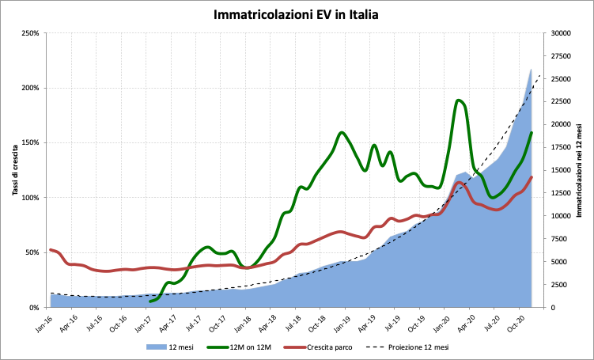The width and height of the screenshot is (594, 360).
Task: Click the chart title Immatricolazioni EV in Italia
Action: [x=297, y=14]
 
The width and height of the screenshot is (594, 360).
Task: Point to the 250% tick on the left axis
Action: [x=30, y=33]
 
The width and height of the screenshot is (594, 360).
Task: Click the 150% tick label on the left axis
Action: [x=30, y=143]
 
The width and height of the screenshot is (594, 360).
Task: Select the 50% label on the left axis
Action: [x=32, y=253]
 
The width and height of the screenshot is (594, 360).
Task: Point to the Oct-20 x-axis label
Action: [x=517, y=321]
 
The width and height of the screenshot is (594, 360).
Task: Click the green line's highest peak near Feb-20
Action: [x=459, y=100]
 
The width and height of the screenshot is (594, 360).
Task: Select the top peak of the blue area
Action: [x=531, y=69]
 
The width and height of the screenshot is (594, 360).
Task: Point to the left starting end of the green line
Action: [x=150, y=301]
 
